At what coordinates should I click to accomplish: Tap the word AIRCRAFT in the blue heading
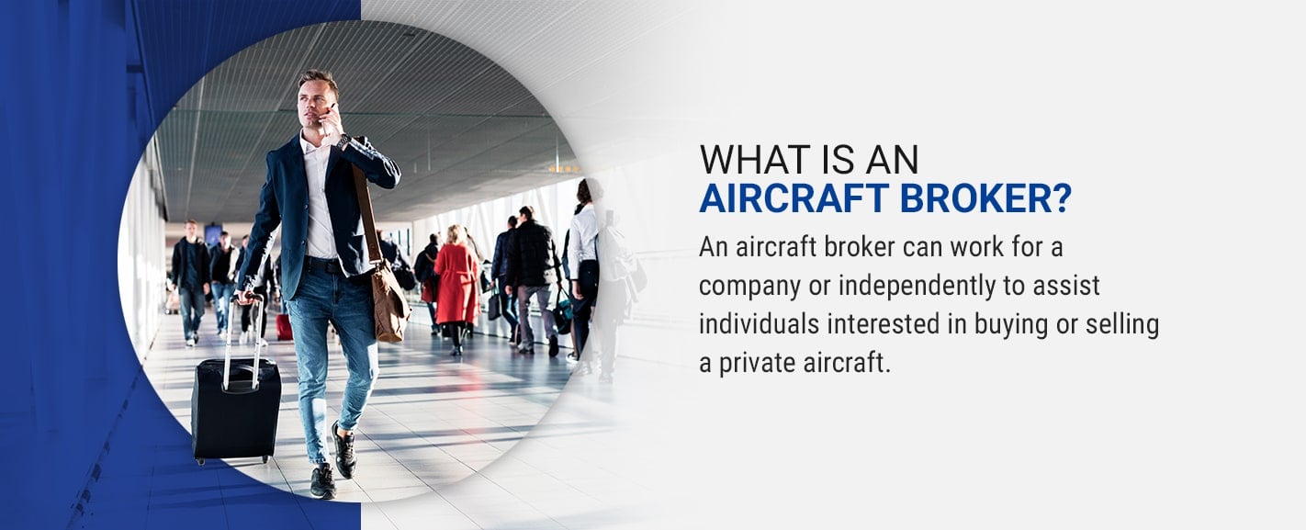(x=794, y=198)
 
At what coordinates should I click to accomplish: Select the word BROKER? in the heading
(x=985, y=198)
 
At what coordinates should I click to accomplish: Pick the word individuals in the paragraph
(x=760, y=324)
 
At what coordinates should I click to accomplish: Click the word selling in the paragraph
(x=1121, y=325)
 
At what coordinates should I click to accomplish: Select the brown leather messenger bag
(x=388, y=299)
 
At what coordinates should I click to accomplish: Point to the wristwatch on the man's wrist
(x=343, y=142)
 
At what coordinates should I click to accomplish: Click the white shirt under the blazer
(x=319, y=198)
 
